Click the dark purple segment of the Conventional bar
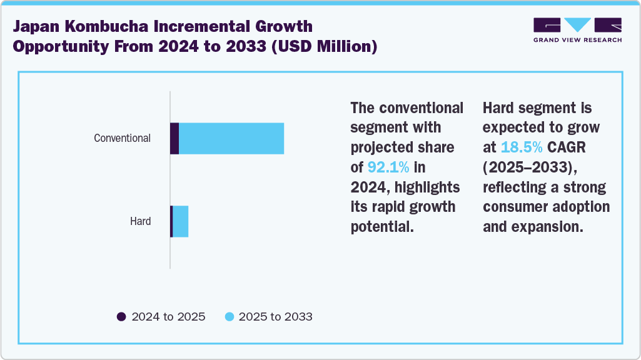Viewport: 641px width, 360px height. pyautogui.click(x=174, y=138)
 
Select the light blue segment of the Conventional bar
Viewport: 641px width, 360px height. pyautogui.click(x=231, y=138)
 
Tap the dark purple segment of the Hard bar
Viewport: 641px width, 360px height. pyautogui.click(x=171, y=221)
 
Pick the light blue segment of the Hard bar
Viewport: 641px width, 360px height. pyautogui.click(x=181, y=221)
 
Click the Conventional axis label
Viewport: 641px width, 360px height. pyautogui.click(x=122, y=138)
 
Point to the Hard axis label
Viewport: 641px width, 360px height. pyautogui.click(x=140, y=221)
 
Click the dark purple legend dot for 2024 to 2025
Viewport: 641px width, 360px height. pyautogui.click(x=121, y=317)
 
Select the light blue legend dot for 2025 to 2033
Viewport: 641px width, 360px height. pyautogui.click(x=229, y=317)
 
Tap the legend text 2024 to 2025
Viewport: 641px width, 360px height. pyautogui.click(x=168, y=317)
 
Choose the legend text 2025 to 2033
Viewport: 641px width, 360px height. pyautogui.click(x=275, y=317)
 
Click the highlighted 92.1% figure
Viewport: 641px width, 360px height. pyautogui.click(x=388, y=167)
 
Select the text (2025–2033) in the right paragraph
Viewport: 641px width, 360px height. pyautogui.click(x=529, y=167)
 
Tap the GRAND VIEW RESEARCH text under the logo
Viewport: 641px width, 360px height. pyautogui.click(x=577, y=40)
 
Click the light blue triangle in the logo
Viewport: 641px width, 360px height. pyautogui.click(x=577, y=24)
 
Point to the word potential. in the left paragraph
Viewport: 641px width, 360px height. pyautogui.click(x=382, y=227)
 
